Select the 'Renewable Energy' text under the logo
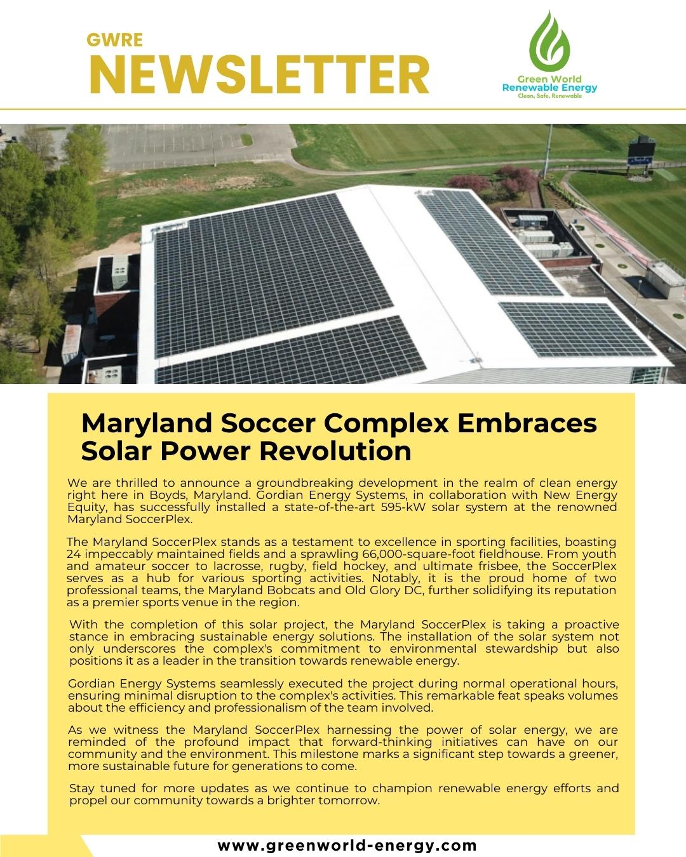[549, 88]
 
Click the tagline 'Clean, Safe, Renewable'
[549, 96]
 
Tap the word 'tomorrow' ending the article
[349, 801]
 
